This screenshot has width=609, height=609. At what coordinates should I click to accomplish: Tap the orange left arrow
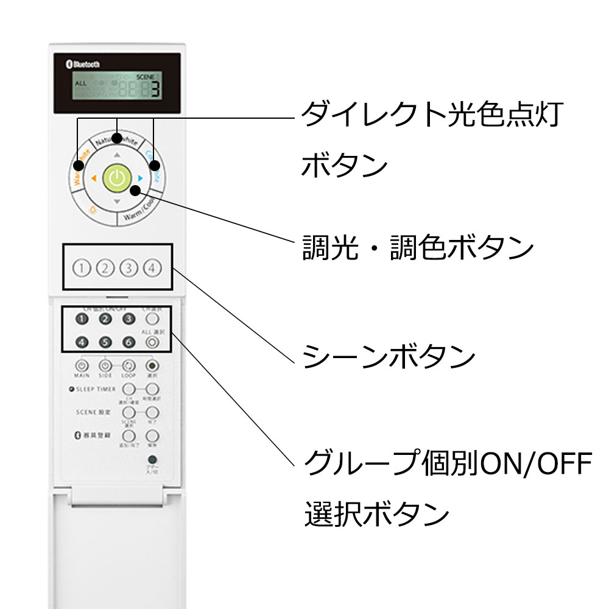tap(94, 178)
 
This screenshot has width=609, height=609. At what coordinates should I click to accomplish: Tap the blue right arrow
tap(140, 178)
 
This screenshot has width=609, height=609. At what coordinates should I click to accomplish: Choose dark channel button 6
tap(128, 342)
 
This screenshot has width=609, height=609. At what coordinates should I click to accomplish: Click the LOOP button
tap(128, 366)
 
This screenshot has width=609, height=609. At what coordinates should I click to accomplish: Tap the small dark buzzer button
tap(152, 460)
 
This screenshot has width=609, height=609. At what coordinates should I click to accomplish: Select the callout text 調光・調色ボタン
tap(418, 248)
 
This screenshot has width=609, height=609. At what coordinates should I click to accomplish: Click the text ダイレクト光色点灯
tap(430, 115)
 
